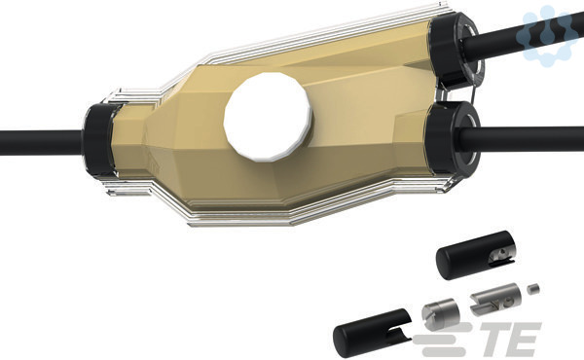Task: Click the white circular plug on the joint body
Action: point(268,117)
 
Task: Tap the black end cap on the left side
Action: point(98,139)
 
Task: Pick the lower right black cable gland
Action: point(452,139)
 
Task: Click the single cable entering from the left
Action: point(41,143)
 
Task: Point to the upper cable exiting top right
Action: point(522,36)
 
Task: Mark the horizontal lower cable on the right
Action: point(522,139)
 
